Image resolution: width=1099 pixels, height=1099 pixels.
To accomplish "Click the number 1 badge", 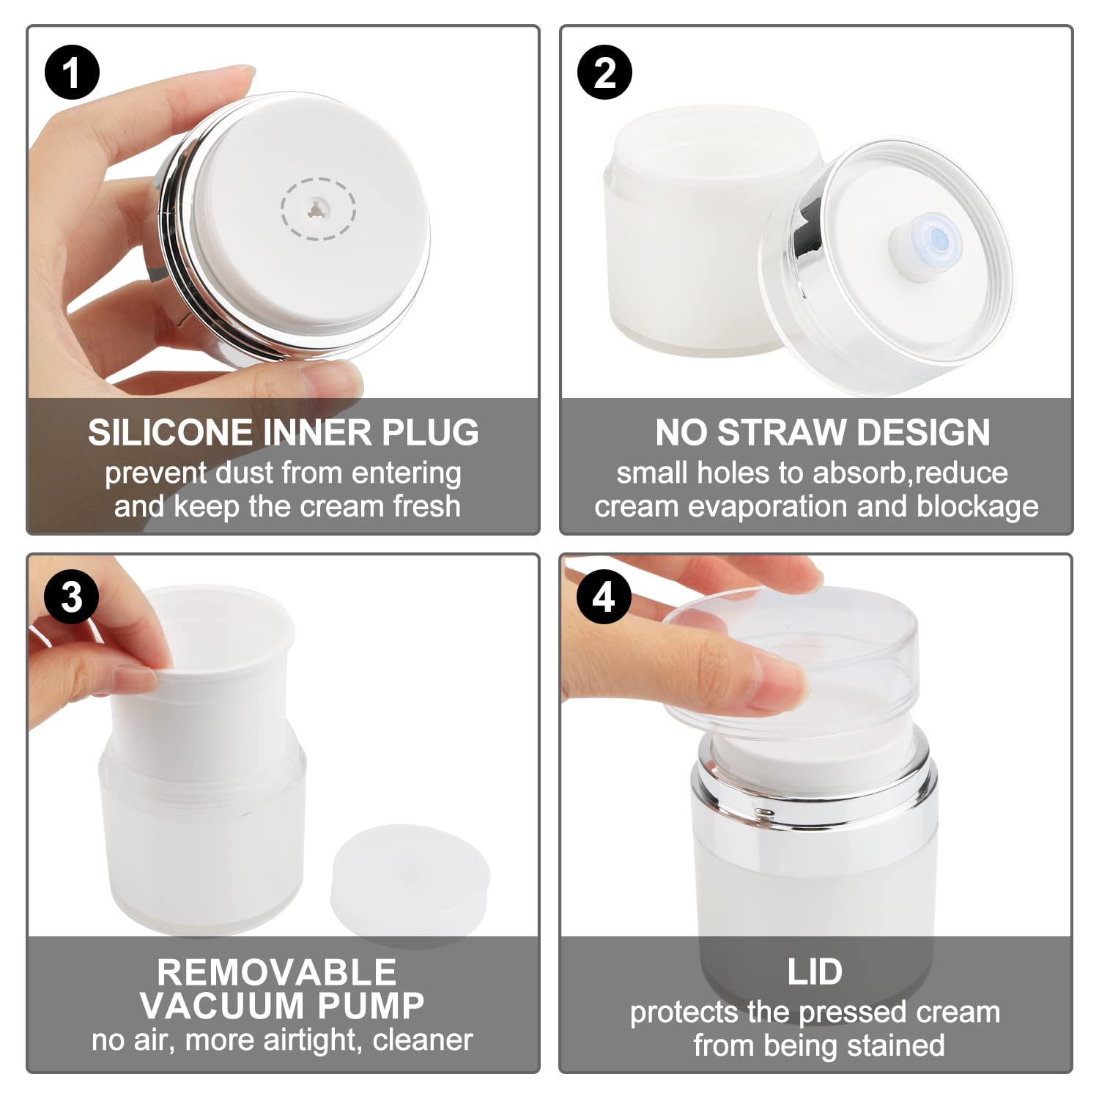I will (x=72, y=72).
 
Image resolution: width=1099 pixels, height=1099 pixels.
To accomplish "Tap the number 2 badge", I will (x=604, y=72).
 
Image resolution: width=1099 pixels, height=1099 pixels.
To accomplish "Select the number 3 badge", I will (x=72, y=597).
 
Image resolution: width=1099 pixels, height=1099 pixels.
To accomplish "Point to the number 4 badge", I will (x=604, y=597).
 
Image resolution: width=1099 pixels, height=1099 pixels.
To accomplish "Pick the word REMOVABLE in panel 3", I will (x=276, y=972).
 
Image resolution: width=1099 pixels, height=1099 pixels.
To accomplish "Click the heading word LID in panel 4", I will (x=815, y=972).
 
